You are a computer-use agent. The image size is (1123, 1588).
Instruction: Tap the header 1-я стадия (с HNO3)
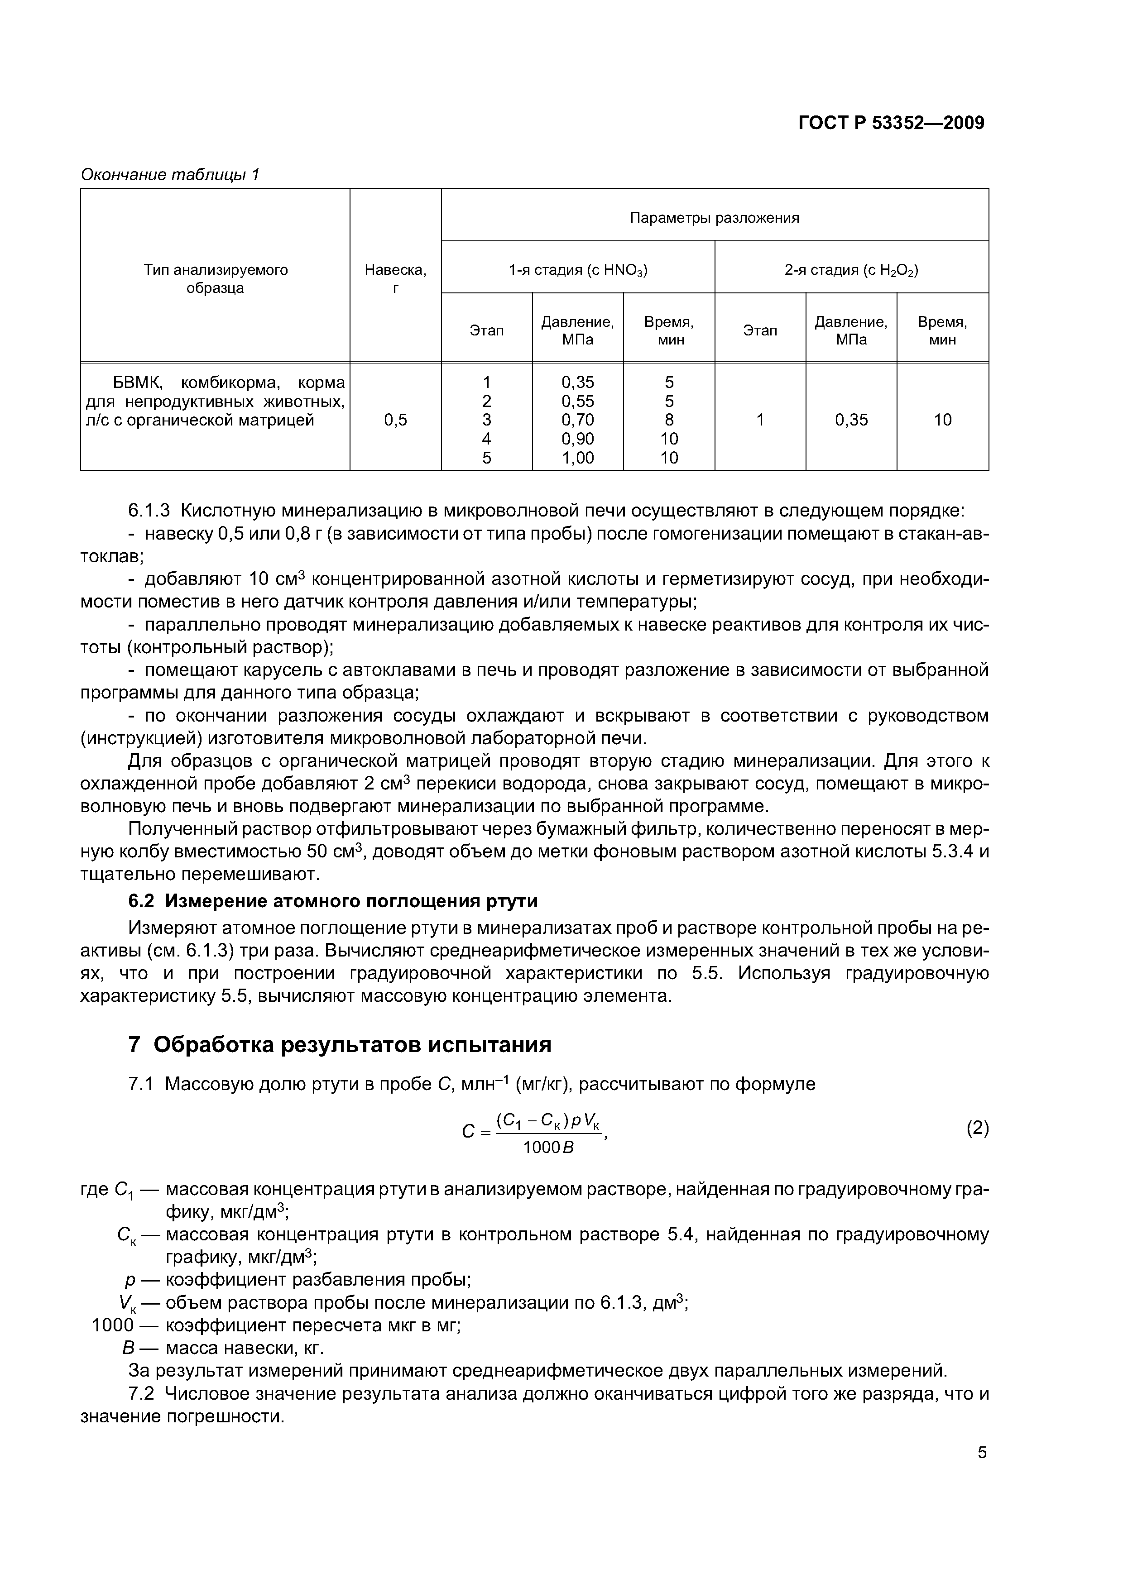click(x=578, y=270)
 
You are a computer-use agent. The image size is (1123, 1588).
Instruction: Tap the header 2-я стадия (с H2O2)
click(x=851, y=270)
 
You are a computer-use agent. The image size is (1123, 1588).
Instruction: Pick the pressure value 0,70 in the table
click(x=578, y=420)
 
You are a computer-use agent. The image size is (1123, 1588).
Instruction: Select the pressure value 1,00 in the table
click(x=578, y=457)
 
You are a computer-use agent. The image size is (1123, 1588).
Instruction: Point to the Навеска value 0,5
click(x=395, y=420)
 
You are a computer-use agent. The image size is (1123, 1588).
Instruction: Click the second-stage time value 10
click(x=942, y=420)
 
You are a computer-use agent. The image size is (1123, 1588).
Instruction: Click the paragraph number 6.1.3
click(x=149, y=511)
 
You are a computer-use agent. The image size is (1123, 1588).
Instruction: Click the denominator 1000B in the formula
click(x=548, y=1148)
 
